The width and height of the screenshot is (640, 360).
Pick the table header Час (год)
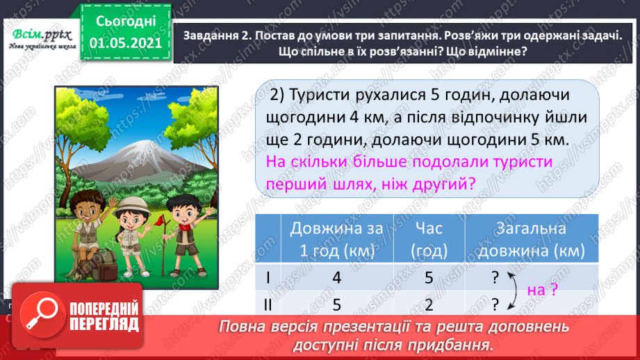(429, 238)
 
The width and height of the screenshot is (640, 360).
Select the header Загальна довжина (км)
(532, 238)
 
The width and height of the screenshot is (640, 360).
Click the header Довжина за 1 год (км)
(333, 238)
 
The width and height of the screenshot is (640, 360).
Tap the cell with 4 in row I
(337, 277)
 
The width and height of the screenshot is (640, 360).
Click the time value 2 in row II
(429, 304)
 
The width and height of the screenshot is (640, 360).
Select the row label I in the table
(268, 277)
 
